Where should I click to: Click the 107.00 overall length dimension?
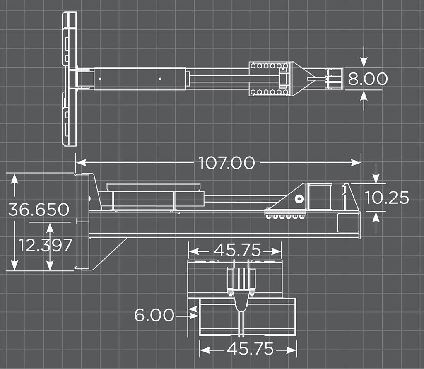226,162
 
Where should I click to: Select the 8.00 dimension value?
368,79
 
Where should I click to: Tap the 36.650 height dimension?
39,210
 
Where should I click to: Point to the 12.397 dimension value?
46,245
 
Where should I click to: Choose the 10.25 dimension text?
387,198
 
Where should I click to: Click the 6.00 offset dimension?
154,316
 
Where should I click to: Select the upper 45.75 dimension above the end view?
237,251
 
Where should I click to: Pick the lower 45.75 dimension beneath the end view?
250,350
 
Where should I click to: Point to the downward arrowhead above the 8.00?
364,62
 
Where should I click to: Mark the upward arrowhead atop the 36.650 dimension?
14,179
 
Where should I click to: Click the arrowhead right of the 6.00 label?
193,316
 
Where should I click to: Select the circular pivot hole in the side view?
298,199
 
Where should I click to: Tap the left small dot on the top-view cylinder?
100,78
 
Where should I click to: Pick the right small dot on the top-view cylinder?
160,78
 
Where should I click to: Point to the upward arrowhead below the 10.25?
376,217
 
